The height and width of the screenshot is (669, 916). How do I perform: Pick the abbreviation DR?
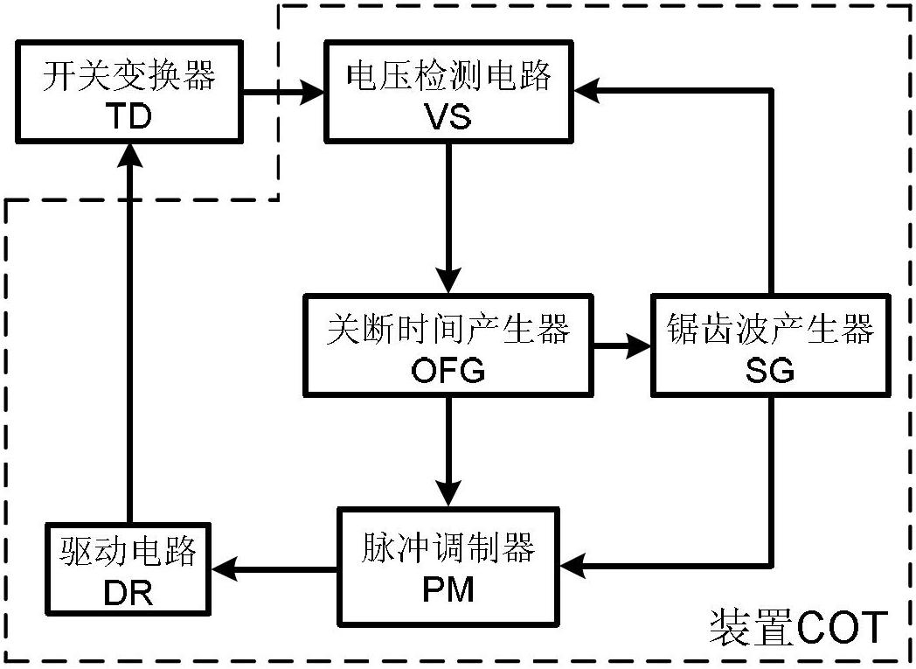pyautogui.click(x=128, y=592)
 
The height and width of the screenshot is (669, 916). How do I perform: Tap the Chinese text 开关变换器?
pyautogui.click(x=128, y=77)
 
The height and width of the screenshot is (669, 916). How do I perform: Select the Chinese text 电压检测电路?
pyautogui.click(x=449, y=77)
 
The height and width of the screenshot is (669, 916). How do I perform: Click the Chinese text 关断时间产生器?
pyautogui.click(x=448, y=331)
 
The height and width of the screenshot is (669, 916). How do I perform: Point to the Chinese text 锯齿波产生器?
pyautogui.click(x=770, y=331)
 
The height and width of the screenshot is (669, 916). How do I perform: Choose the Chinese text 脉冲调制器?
pyautogui.click(x=448, y=549)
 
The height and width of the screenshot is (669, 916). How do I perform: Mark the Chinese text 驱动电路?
pyautogui.click(x=128, y=553)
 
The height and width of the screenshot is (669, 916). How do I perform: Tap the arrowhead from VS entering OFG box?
pyautogui.click(x=448, y=283)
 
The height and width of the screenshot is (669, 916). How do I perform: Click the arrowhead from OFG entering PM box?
pyautogui.click(x=448, y=497)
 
